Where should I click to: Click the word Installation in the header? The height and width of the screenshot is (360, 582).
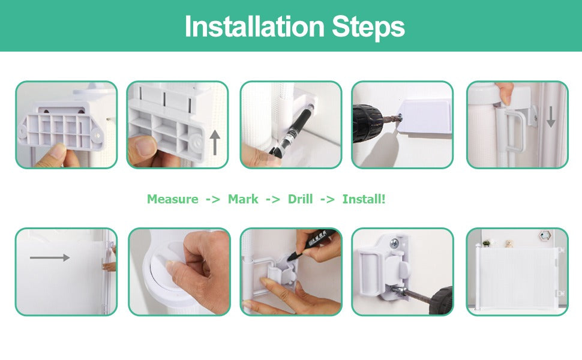point(254,26)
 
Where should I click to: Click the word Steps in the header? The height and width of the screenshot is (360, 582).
point(368,28)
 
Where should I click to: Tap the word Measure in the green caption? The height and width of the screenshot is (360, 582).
point(173,199)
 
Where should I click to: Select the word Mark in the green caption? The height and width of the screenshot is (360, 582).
point(243,199)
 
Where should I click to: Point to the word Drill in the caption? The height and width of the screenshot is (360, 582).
point(300,199)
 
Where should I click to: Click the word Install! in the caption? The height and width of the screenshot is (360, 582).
point(364,199)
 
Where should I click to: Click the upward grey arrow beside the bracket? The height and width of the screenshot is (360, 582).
point(215,143)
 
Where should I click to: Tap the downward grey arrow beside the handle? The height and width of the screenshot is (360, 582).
point(551,116)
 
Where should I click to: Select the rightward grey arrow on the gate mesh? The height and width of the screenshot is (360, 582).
point(50,257)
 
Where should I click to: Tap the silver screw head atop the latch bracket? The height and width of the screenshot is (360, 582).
point(395,244)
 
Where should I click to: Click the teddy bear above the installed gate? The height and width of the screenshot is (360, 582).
point(509,244)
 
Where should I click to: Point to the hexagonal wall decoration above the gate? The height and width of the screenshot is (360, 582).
point(545,235)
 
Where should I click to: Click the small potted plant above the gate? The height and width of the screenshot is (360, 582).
point(486,244)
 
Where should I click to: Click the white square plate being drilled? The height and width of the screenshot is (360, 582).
point(425,118)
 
